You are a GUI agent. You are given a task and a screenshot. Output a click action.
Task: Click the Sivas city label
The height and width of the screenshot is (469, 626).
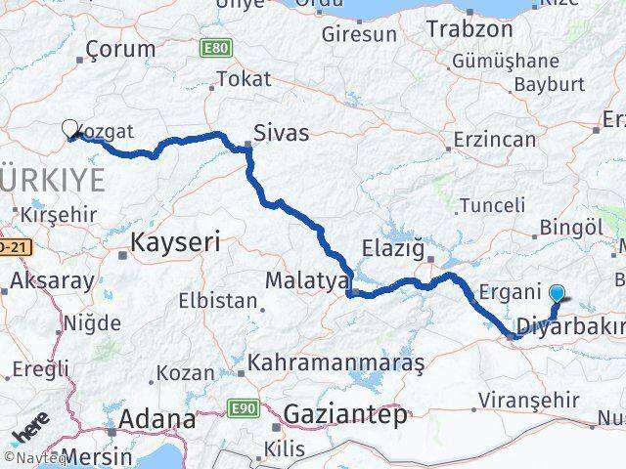pyautogui.click(x=281, y=134)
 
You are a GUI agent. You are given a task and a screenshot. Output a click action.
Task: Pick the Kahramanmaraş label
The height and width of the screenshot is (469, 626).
pyautogui.click(x=335, y=362)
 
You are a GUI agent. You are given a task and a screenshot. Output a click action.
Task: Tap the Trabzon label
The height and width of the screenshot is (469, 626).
pyautogui.click(x=469, y=29)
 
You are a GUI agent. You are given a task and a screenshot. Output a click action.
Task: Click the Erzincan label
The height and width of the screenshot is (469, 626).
pyautogui.click(x=495, y=140)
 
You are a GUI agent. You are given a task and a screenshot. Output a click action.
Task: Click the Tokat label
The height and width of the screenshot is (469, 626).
pyautogui.click(x=244, y=80)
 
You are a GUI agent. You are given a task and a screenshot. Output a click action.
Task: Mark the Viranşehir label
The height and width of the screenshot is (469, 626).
pyautogui.click(x=530, y=399)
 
